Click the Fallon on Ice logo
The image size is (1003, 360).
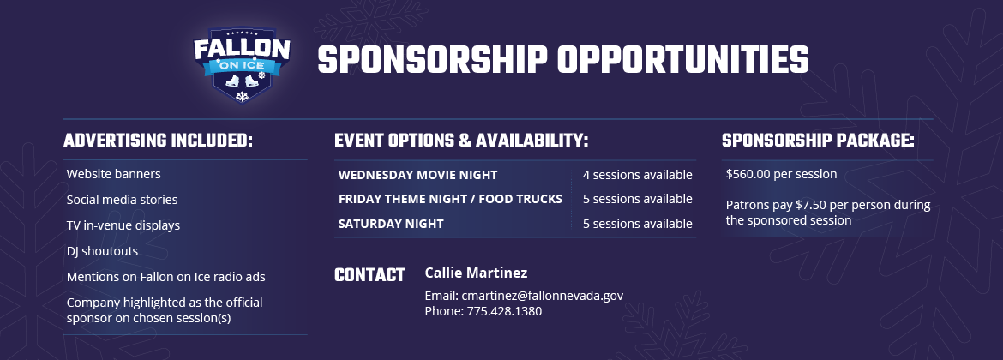[x=242, y=64]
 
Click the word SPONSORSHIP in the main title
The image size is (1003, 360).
[x=432, y=60]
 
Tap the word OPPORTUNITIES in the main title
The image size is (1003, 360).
[x=683, y=60]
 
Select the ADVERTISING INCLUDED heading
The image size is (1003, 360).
[x=158, y=141]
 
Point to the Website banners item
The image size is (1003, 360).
[x=113, y=174]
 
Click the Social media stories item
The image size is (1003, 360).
[x=123, y=200]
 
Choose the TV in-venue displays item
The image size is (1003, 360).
[x=123, y=225]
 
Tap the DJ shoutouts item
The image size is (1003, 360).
[x=102, y=251]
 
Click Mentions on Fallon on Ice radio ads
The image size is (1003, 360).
[x=165, y=277]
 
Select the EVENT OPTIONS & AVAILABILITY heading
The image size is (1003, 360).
[x=461, y=141]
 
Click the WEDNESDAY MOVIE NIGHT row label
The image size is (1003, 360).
[x=417, y=175]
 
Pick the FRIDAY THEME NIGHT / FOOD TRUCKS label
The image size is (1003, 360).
[x=450, y=199]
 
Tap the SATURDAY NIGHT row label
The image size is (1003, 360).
[x=391, y=224]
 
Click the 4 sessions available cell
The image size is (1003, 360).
[x=637, y=175]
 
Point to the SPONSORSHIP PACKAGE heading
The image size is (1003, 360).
[x=818, y=141]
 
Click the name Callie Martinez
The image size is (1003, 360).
[x=476, y=273]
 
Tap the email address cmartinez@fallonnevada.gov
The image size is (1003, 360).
[x=543, y=296]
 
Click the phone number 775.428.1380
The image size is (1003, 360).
[x=504, y=311]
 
